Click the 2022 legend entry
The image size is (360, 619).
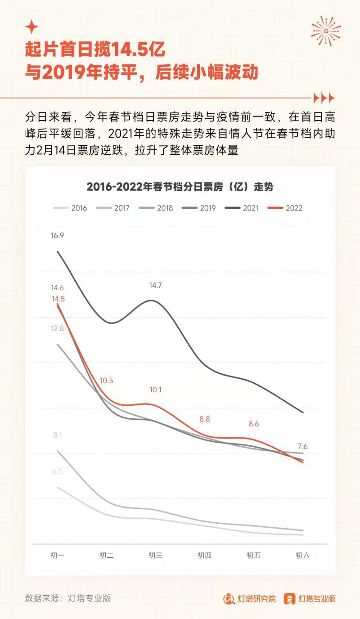click(x=285, y=208)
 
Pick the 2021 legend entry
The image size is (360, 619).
click(x=243, y=208)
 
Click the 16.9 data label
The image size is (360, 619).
click(x=58, y=235)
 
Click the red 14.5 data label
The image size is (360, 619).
click(x=58, y=299)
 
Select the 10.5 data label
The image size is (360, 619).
click(x=107, y=381)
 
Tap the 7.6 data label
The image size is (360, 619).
click(x=302, y=447)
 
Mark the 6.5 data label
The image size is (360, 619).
click(x=58, y=471)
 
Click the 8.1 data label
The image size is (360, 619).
click(x=58, y=435)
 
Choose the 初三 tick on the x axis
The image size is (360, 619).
click(x=155, y=556)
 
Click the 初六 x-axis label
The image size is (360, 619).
click(x=302, y=556)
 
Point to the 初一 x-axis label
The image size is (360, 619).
click(x=58, y=556)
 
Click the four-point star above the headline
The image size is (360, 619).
click(x=31, y=27)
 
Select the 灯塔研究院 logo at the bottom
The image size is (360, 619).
click(x=250, y=599)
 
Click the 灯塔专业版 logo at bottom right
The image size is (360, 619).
click(x=310, y=599)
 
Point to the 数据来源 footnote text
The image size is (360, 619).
click(x=68, y=598)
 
